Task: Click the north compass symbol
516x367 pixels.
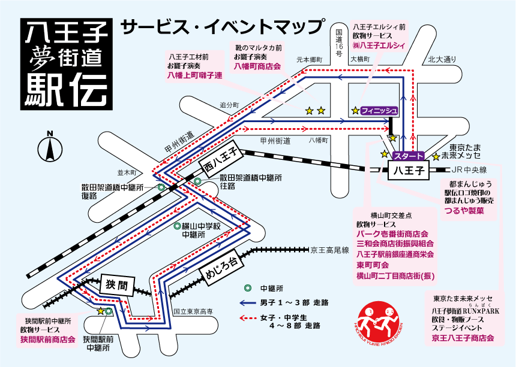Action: pos(49,147)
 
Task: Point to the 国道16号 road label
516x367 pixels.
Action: pos(339,43)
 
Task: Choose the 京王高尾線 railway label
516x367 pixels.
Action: pos(329,248)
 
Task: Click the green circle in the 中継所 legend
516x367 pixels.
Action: pos(247,287)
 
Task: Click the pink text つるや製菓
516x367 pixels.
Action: pos(464,211)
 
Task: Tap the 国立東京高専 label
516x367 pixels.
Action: pos(193,311)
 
